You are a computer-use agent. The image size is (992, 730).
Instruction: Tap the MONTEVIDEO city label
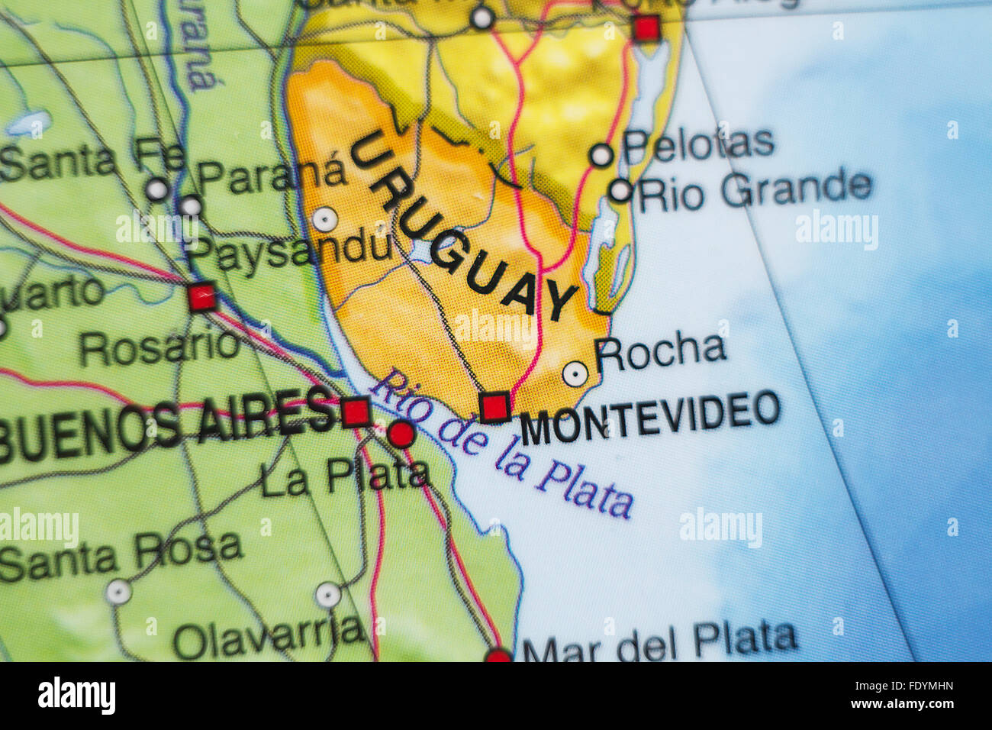click(650, 417)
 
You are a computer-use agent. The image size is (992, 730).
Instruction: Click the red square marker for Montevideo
click(495, 406)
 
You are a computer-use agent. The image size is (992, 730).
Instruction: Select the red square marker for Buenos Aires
click(356, 412)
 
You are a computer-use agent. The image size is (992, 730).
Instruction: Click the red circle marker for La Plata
click(401, 434)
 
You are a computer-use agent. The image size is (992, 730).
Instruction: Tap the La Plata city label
click(344, 476)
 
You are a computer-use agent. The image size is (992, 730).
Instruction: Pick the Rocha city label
click(660, 350)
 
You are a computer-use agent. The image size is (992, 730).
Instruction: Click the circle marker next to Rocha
click(575, 373)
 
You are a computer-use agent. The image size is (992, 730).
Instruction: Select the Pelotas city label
click(698, 144)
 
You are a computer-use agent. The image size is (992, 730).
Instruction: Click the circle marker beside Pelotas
click(601, 155)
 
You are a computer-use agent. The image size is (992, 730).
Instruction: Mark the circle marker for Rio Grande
click(620, 190)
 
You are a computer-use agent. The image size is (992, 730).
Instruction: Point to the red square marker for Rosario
click(202, 296)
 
